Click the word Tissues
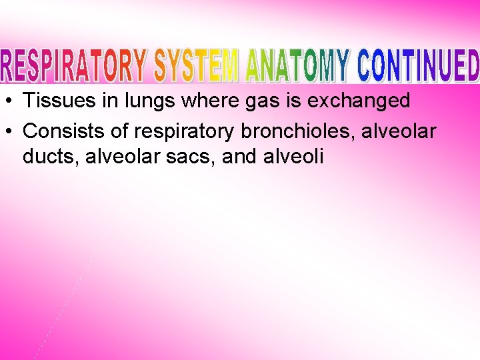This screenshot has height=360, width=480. (56, 101)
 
